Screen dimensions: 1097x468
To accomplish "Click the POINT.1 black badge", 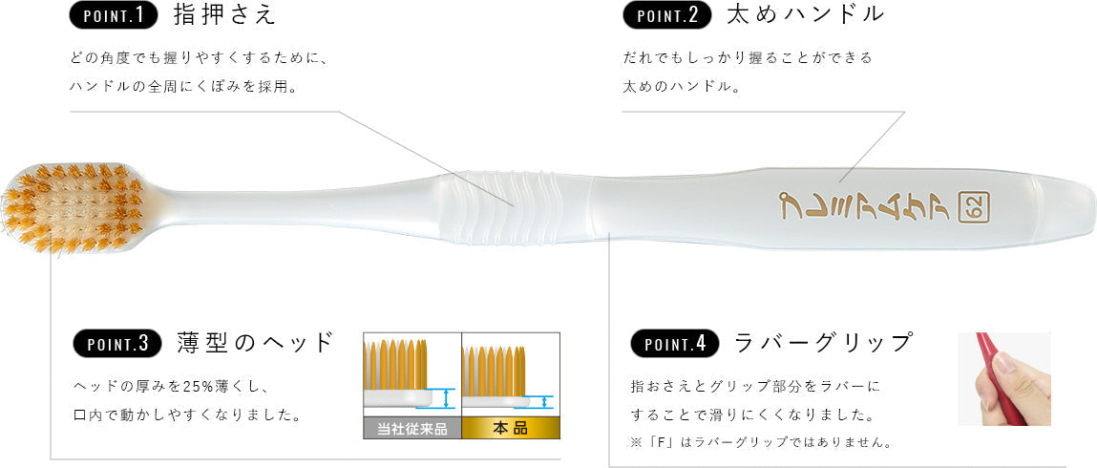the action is pos(114,15).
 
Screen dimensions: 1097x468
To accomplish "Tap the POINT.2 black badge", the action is pos(666,15).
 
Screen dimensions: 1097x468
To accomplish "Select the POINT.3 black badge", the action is pos(116,343).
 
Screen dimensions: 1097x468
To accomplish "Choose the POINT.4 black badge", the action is pos(675,343).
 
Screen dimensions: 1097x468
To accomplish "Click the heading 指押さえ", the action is pos(224,15).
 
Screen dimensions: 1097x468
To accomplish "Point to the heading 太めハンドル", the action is pos(806,15).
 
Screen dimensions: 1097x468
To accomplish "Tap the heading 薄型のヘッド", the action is pos(255,343).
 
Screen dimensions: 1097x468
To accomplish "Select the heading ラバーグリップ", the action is pos(823,343).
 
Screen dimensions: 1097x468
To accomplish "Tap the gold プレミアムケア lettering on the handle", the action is pos(865,205).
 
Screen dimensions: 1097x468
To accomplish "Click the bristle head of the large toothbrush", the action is pos(74,208).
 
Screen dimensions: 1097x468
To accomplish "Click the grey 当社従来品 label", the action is pos(412,429).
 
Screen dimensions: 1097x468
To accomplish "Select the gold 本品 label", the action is pos(511,429).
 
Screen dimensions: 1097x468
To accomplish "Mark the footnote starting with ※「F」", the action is pos(761,443).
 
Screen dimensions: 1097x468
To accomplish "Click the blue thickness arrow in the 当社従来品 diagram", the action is pos(447,398).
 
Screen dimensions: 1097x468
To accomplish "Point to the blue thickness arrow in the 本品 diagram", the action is pos(544,402).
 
